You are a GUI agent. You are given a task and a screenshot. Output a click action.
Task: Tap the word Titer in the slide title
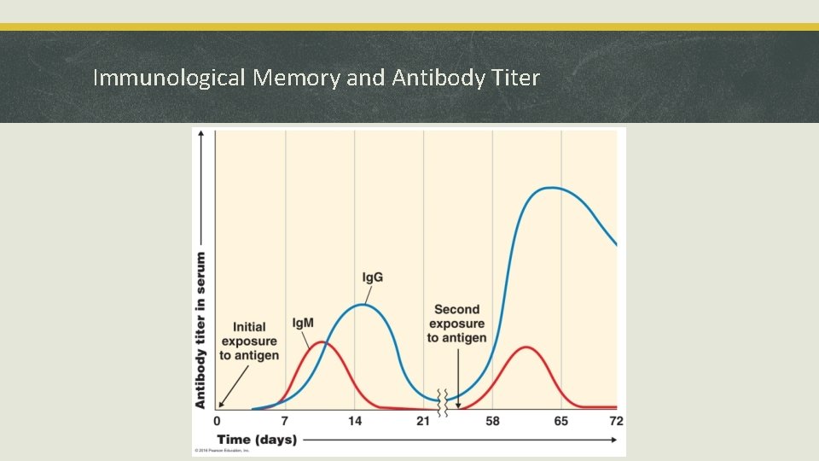click(514, 79)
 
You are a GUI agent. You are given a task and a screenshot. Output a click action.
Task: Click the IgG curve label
click(373, 277)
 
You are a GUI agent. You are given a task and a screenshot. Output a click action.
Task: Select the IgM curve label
click(303, 323)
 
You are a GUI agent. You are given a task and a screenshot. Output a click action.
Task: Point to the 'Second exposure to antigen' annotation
click(457, 324)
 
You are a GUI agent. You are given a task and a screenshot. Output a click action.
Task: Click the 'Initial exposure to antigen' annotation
click(249, 341)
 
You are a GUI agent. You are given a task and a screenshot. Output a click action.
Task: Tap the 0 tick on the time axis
click(217, 421)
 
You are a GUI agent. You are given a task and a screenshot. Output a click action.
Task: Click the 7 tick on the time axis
click(285, 421)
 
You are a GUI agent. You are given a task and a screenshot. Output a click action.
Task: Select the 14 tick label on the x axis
click(355, 421)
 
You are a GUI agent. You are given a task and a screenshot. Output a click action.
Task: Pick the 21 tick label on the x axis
click(423, 421)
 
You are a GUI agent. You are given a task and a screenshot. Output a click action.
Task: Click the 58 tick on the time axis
click(492, 421)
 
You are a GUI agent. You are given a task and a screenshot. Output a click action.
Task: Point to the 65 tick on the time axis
click(561, 421)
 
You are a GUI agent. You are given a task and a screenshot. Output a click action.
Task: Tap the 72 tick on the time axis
click(616, 421)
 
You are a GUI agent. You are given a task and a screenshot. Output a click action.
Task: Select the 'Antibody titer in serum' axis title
click(201, 330)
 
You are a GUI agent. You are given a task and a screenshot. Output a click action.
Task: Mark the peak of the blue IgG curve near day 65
click(553, 188)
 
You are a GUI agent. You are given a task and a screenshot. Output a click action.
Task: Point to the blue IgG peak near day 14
click(363, 305)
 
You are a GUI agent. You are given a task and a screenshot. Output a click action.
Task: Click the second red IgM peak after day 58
click(526, 347)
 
